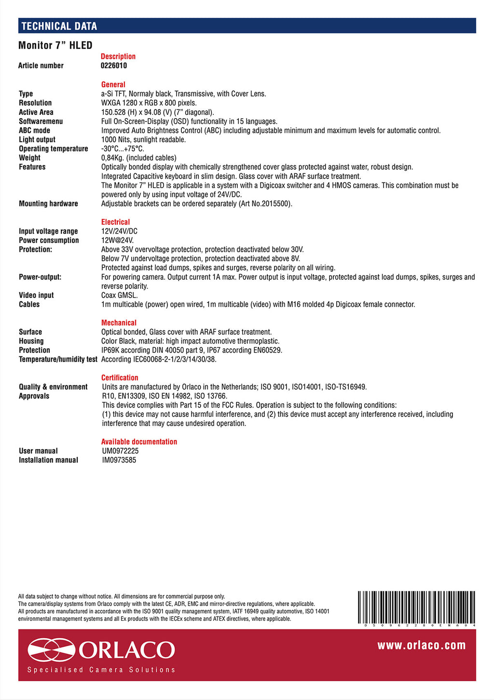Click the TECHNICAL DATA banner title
click(x=59, y=26)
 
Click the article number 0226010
click(x=114, y=66)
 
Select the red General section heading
click(x=113, y=84)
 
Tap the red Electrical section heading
click(x=115, y=222)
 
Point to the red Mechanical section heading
click(x=119, y=323)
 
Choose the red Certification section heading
click(x=120, y=378)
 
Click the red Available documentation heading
click(x=139, y=442)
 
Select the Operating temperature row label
click(x=54, y=149)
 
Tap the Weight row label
click(x=29, y=158)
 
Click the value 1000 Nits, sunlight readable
click(x=143, y=139)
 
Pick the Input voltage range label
click(x=48, y=231)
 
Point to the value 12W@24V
click(x=117, y=240)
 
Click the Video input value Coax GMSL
click(x=119, y=295)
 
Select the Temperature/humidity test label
click(x=58, y=359)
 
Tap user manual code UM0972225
click(x=120, y=451)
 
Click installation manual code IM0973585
click(x=119, y=460)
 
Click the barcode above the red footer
click(x=417, y=607)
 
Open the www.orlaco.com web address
click(x=422, y=645)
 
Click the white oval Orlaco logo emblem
click(x=51, y=650)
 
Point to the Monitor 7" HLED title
click(x=55, y=45)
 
